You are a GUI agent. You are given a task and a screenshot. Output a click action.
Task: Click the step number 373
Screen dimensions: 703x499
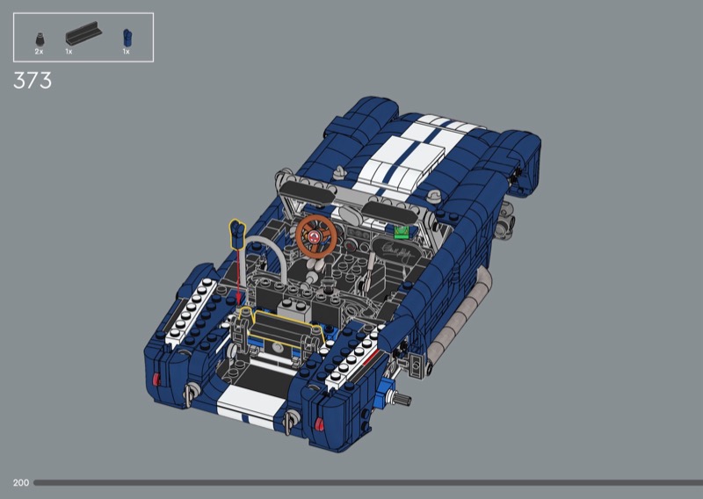pyautogui.click(x=33, y=81)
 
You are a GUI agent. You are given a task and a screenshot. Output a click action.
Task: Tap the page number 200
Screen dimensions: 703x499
pyautogui.click(x=21, y=483)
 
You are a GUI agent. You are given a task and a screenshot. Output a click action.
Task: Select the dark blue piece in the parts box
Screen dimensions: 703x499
pyautogui.click(x=127, y=38)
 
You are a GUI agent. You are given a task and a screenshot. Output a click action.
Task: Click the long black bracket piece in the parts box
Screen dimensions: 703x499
pyautogui.click(x=83, y=33)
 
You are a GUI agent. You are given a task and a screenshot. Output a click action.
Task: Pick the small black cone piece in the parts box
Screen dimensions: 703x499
pyautogui.click(x=40, y=40)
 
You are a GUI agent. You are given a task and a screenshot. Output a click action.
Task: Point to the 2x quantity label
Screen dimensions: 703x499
pyautogui.click(x=39, y=52)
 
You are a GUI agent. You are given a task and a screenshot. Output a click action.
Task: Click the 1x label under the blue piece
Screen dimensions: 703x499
pyautogui.click(x=127, y=52)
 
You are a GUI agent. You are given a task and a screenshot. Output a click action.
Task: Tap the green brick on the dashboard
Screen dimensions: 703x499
pyautogui.click(x=402, y=232)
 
